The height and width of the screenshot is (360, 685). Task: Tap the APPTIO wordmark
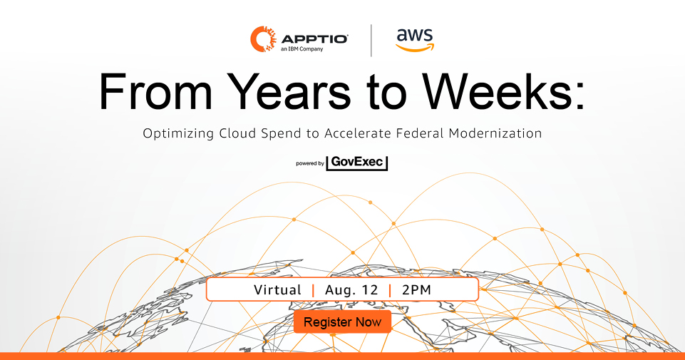click(x=314, y=39)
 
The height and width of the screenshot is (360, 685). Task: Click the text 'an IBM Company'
click(x=302, y=49)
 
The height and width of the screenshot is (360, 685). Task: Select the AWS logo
click(x=415, y=40)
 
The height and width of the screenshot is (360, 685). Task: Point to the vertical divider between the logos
click(x=371, y=40)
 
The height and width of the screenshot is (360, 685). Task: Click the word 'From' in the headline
click(x=156, y=92)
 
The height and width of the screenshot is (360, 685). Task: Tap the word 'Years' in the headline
click(x=289, y=92)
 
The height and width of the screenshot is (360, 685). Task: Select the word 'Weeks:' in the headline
click(x=503, y=92)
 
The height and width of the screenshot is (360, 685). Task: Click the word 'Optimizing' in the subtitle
click(x=178, y=133)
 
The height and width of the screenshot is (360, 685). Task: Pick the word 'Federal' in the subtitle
click(x=419, y=133)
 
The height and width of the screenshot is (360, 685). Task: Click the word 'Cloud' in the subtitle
click(x=237, y=133)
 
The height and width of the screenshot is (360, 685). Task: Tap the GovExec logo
click(x=357, y=163)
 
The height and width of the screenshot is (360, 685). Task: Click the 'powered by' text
click(x=310, y=163)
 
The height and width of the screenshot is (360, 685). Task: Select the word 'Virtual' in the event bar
click(x=277, y=289)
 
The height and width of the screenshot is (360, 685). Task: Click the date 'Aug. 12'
click(x=351, y=289)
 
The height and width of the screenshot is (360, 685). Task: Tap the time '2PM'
click(x=416, y=289)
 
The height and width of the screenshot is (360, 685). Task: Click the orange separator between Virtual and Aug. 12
click(x=313, y=290)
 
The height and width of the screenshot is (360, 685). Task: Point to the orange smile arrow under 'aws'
click(x=415, y=47)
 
